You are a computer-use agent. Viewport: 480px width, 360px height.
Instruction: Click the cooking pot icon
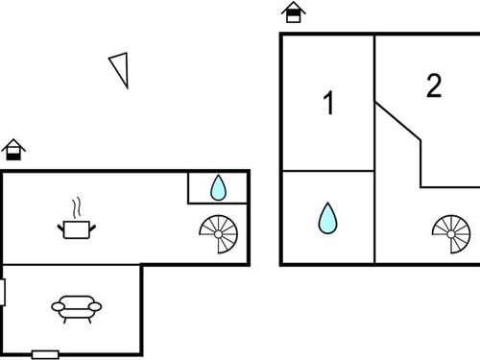(x=76, y=228)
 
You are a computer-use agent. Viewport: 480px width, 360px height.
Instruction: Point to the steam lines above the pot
(x=76, y=207)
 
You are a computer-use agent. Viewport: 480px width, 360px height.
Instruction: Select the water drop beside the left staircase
(x=219, y=187)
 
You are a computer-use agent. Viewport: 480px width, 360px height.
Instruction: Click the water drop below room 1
(x=327, y=218)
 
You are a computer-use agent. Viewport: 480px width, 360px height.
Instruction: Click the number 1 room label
(x=329, y=103)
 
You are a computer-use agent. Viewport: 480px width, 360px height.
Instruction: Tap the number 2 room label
(x=434, y=86)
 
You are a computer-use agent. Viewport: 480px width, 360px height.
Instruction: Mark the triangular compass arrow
(x=120, y=69)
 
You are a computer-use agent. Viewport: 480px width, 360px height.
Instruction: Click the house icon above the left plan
(x=13, y=149)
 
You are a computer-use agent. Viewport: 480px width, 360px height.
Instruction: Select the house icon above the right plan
(x=294, y=12)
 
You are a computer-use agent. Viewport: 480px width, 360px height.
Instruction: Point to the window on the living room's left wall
(x=3, y=292)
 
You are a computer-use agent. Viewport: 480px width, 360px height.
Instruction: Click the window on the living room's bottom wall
(x=45, y=354)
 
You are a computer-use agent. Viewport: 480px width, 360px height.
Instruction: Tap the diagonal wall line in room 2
(x=397, y=122)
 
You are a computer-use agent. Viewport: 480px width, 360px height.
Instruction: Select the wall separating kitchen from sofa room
(x=72, y=265)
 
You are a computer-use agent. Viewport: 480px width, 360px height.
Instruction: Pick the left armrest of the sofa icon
(x=57, y=307)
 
